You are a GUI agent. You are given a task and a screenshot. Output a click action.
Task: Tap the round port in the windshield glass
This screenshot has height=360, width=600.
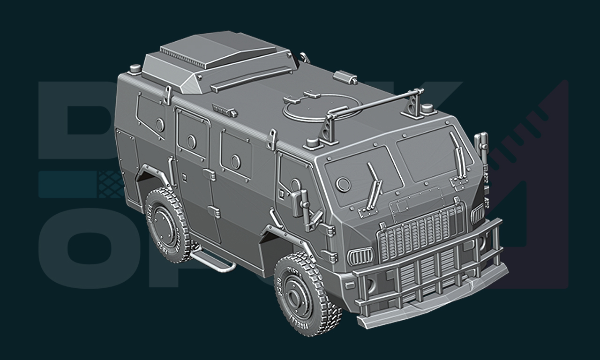click(343, 185)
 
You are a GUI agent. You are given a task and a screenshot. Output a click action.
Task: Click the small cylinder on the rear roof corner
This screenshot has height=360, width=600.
click(135, 69)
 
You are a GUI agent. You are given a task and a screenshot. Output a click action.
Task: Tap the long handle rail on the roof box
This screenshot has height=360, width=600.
click(251, 79)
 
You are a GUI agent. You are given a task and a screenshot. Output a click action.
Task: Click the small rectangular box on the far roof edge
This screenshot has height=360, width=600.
click(345, 76)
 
